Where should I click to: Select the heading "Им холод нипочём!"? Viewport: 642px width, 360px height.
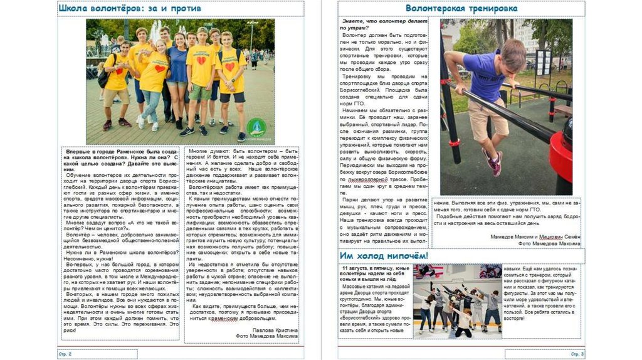click(x=384, y=256)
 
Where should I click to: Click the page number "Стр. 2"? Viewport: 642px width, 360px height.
click(x=65, y=354)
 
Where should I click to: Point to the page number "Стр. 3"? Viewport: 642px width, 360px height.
click(x=577, y=354)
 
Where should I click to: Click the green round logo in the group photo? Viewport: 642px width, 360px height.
click(x=255, y=128)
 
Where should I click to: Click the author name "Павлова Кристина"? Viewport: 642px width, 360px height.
click(x=275, y=329)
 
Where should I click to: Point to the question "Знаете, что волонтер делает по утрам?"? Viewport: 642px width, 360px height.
click(x=384, y=25)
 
